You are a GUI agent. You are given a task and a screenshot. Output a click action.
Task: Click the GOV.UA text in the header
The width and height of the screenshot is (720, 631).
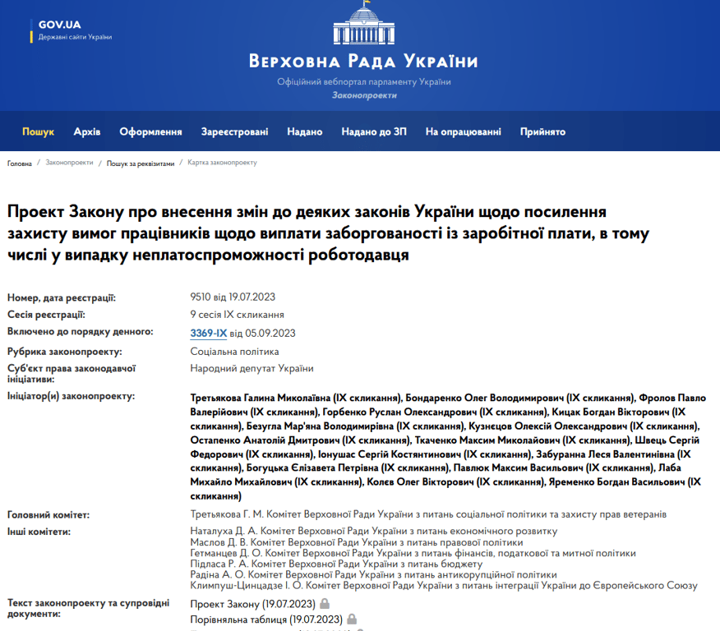pyautogui.click(x=59, y=24)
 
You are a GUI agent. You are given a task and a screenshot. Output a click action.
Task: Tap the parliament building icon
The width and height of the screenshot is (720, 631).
pyautogui.click(x=363, y=24)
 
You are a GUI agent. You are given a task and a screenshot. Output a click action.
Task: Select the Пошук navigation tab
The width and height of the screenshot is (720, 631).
pyautogui.click(x=38, y=131)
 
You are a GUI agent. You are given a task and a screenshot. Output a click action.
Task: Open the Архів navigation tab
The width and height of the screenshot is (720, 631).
pyautogui.click(x=87, y=131)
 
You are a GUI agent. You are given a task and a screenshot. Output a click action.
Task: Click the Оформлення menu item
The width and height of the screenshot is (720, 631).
pyautogui.click(x=150, y=131)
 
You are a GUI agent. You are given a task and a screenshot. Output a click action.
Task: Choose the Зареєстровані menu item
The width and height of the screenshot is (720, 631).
pyautogui.click(x=234, y=131)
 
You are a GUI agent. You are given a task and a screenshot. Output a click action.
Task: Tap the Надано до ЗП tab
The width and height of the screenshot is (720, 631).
pyautogui.click(x=374, y=131)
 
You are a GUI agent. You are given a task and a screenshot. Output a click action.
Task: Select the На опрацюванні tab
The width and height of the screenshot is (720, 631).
pyautogui.click(x=463, y=131)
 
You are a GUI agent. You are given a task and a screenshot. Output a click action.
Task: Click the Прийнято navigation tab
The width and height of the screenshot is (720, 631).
pyautogui.click(x=542, y=131)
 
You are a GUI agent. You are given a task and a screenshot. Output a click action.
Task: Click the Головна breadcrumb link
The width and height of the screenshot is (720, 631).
pyautogui.click(x=20, y=164)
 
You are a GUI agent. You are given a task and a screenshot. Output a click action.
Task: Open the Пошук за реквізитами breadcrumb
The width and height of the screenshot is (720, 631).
pyautogui.click(x=141, y=164)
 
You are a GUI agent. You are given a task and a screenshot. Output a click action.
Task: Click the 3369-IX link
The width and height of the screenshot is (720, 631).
pyautogui.click(x=209, y=333)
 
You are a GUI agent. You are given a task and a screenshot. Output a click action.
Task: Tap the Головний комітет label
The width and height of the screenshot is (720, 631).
pyautogui.click(x=48, y=515)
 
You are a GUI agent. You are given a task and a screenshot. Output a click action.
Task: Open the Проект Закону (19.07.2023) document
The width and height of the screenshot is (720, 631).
pyautogui.click(x=252, y=604)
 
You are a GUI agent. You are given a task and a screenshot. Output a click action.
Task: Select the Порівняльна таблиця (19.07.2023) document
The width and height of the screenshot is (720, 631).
pyautogui.click(x=265, y=619)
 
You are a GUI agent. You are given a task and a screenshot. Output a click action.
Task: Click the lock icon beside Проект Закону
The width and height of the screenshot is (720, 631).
pyautogui.click(x=325, y=604)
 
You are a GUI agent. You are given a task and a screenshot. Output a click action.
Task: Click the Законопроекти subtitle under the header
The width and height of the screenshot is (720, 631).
pyautogui.click(x=363, y=95)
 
